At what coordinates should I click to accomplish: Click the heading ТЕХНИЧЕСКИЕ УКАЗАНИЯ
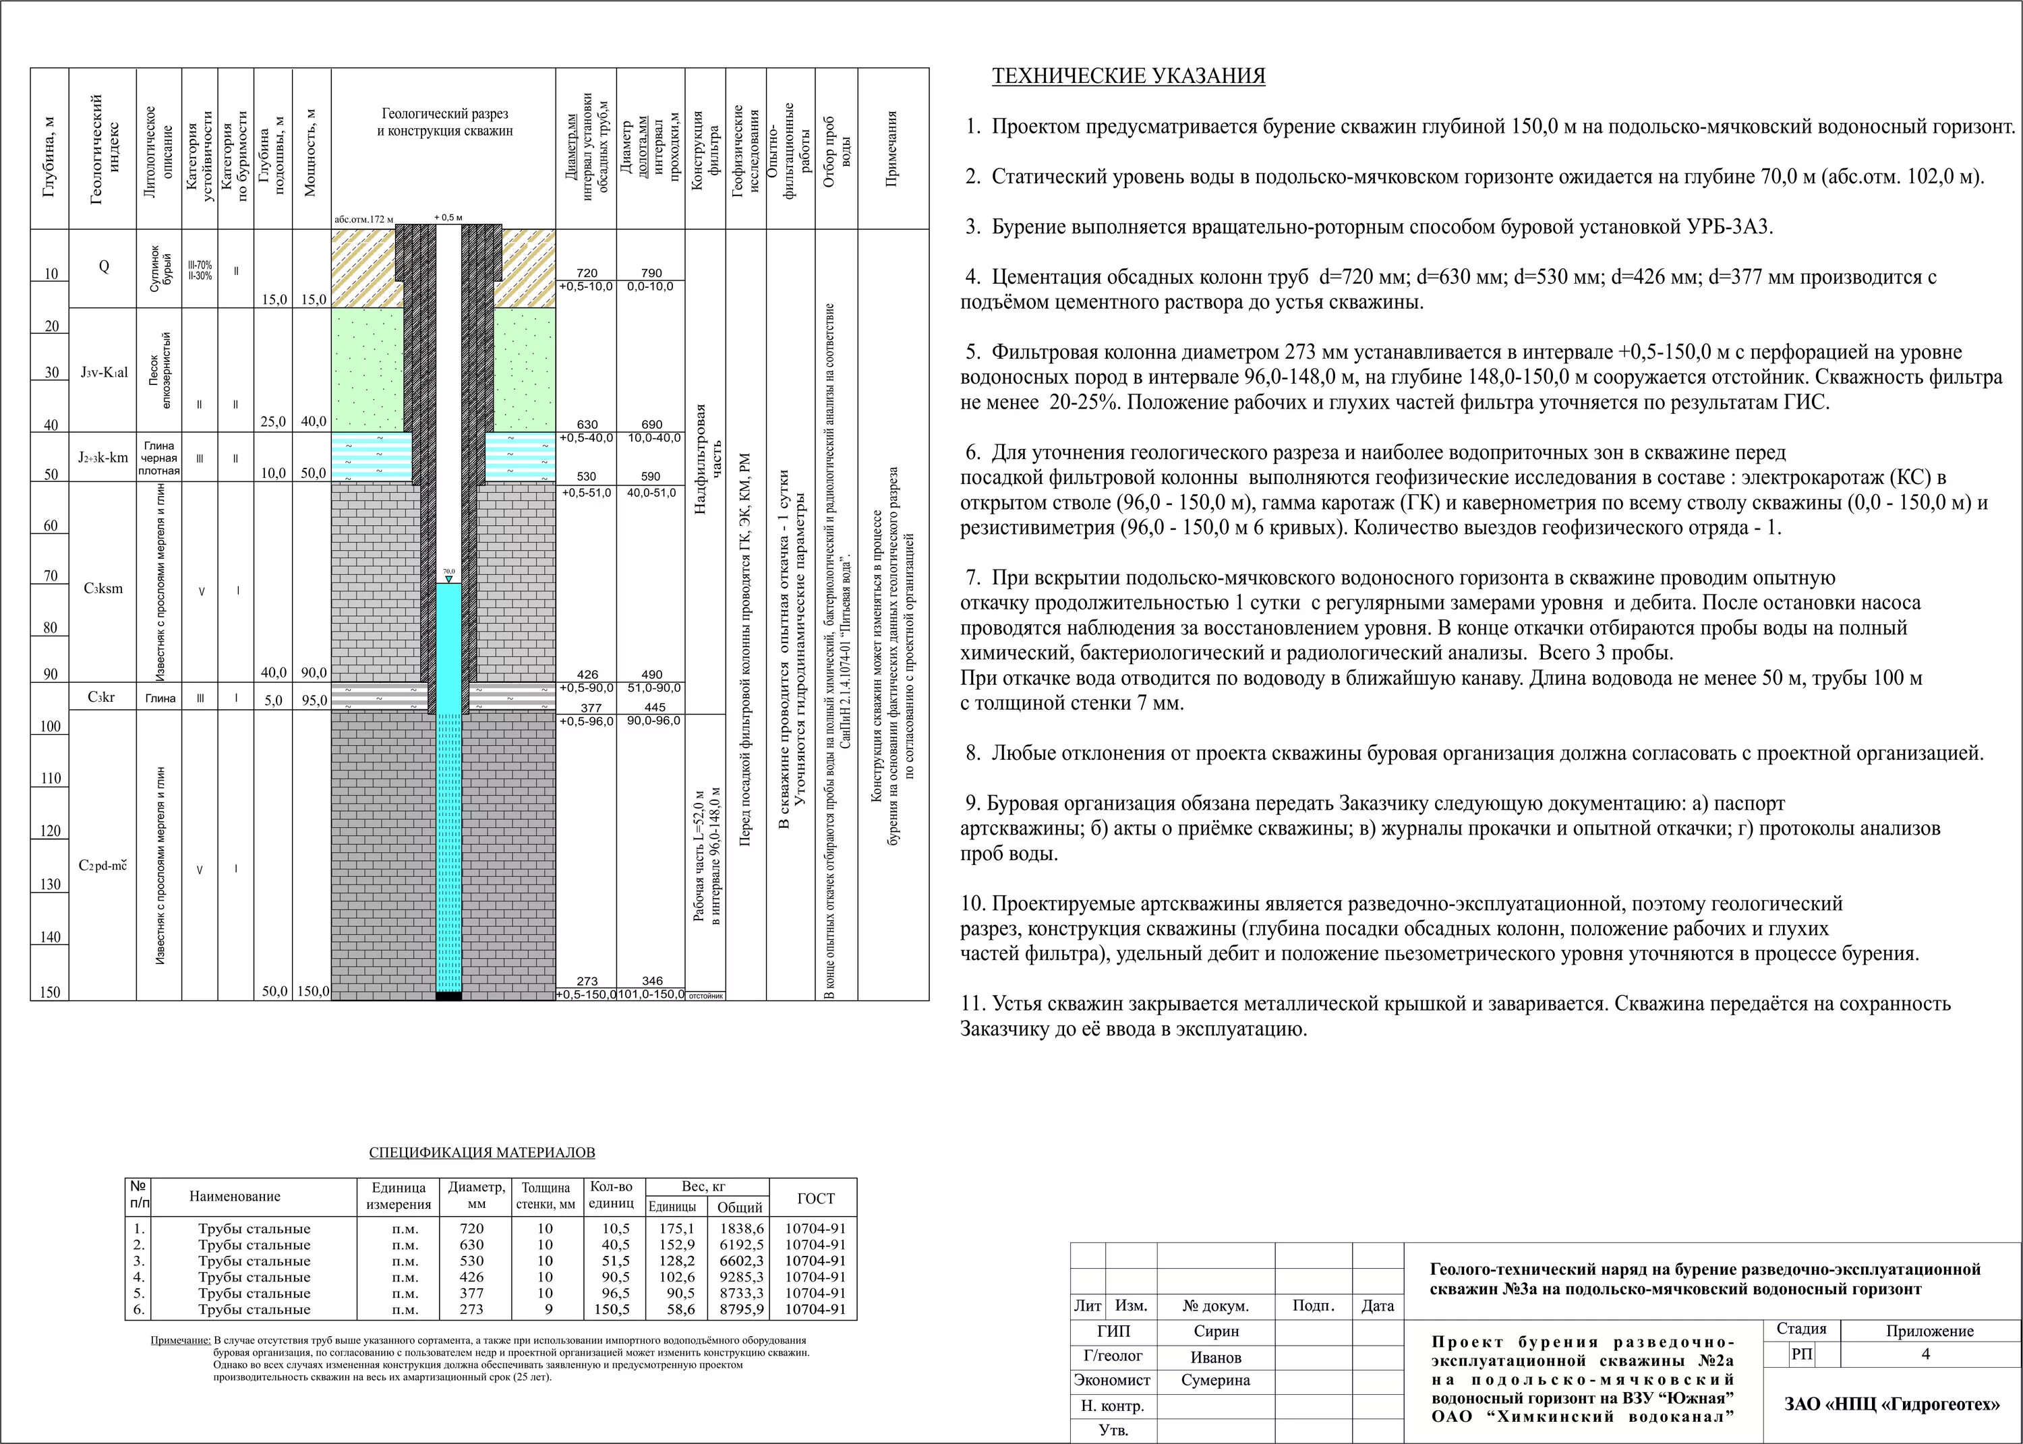(x=1128, y=76)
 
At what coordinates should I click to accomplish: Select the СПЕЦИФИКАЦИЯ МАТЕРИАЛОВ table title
(x=482, y=1152)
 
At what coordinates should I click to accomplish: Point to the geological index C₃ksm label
(x=103, y=589)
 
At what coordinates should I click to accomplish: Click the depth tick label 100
(x=51, y=727)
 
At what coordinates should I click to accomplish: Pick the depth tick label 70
(x=51, y=576)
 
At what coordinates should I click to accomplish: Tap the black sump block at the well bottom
(x=449, y=996)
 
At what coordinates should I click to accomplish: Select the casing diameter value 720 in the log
(x=587, y=273)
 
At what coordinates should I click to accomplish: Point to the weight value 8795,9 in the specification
(x=740, y=1309)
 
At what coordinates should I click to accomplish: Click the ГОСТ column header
(x=815, y=1198)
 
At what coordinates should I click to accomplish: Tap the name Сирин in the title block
(x=1216, y=1331)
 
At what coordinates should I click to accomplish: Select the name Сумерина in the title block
(x=1216, y=1380)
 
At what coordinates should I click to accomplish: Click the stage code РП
(x=1800, y=1354)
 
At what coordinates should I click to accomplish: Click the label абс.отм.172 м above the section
(x=363, y=218)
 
